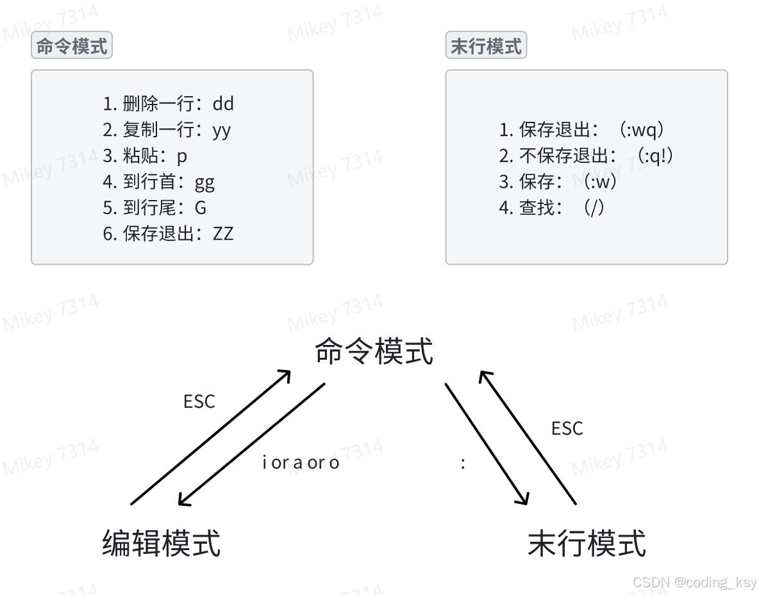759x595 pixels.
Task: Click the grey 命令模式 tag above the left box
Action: tap(72, 47)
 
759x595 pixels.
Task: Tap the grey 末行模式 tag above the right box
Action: tap(486, 47)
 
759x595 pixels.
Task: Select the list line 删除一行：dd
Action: tap(168, 104)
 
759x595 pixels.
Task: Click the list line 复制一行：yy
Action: tap(167, 130)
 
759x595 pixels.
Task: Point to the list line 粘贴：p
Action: tap(145, 156)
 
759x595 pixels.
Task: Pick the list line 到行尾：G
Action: tap(154, 208)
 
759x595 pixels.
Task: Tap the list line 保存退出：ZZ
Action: tap(168, 233)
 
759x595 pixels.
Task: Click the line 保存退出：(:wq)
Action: tap(583, 130)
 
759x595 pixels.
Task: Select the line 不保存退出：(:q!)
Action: tap(587, 156)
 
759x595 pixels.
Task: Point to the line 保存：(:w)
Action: tap(559, 182)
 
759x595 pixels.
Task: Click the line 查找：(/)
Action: tap(553, 208)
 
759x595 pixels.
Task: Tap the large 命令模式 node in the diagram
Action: tap(374, 352)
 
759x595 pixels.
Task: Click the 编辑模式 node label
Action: tap(162, 543)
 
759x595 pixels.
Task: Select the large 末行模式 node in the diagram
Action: tap(587, 543)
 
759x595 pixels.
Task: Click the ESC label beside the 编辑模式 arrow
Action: tap(199, 402)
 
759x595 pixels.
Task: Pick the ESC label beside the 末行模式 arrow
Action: tap(567, 428)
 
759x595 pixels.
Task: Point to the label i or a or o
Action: tap(301, 462)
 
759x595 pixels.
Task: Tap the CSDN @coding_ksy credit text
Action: tap(694, 582)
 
